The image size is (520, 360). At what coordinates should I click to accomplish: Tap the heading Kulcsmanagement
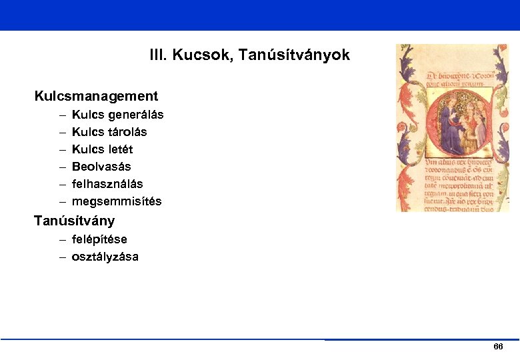point(96,97)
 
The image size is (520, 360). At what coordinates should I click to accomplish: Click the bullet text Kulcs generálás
point(117,115)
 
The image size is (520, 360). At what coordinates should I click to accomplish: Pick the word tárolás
point(125,132)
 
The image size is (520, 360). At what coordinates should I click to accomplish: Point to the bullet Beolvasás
point(101,167)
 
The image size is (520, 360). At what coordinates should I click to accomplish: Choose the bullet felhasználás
point(107,184)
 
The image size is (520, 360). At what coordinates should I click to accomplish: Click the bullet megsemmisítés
point(117,201)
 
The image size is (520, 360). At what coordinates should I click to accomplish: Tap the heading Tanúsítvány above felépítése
point(74,221)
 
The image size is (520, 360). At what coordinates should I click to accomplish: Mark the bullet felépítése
point(99,239)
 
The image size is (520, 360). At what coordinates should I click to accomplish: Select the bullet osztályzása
point(105,257)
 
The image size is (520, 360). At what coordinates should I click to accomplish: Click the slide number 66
point(497,347)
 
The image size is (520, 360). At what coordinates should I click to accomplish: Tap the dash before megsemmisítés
point(62,201)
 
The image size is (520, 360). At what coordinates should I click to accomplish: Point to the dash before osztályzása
point(62,257)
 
